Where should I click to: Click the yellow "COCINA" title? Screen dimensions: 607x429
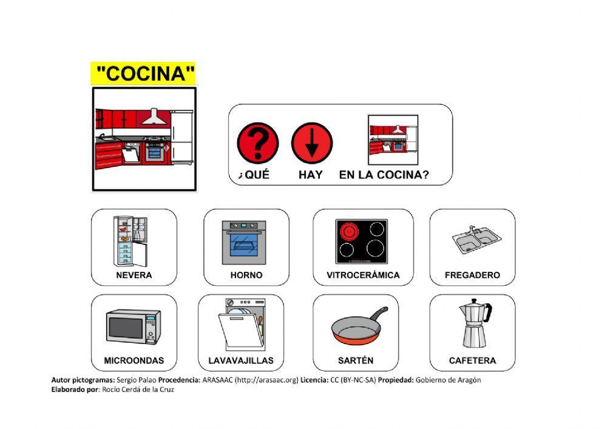[x=144, y=73]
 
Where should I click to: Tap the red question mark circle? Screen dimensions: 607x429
[x=258, y=143]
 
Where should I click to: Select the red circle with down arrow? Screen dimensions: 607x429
[x=311, y=143]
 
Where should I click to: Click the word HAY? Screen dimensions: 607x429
[x=310, y=175]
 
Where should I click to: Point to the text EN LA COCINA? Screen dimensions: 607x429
[x=384, y=175]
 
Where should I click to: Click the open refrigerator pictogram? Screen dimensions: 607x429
[x=131, y=241]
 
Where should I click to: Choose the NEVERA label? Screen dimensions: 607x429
[x=134, y=275]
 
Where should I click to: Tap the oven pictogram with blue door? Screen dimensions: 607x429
[x=244, y=243]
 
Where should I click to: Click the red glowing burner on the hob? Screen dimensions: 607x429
[x=349, y=232]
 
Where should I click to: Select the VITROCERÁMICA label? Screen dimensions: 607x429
[x=363, y=275]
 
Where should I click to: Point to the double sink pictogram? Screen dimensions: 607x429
[x=476, y=240]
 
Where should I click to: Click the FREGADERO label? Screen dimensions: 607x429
[x=472, y=275]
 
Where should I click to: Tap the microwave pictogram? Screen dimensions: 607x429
[x=134, y=327]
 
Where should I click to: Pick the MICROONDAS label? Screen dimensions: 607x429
[x=134, y=360]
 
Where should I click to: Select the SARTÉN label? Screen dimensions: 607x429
[x=355, y=360]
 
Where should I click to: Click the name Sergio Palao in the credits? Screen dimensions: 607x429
[x=137, y=380]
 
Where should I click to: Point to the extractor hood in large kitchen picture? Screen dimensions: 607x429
[x=154, y=117]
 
